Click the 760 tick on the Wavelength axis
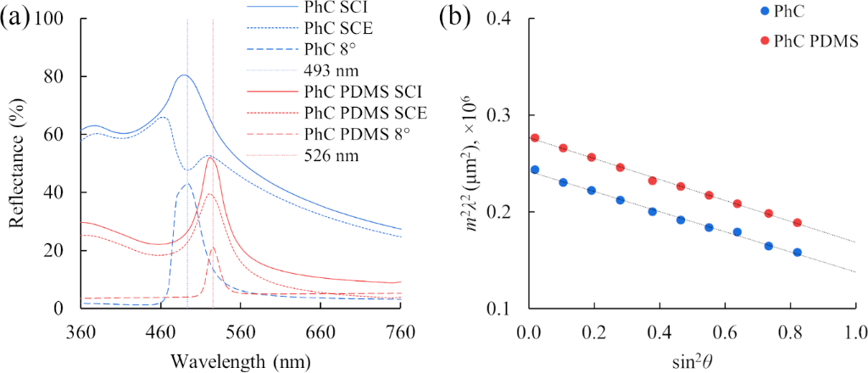point(400,330)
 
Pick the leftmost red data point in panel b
point(535,137)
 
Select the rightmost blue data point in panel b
point(797,253)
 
